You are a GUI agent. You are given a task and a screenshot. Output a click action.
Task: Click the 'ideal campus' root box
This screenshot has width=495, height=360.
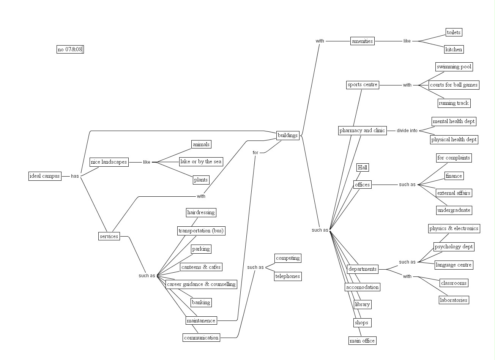(45, 176)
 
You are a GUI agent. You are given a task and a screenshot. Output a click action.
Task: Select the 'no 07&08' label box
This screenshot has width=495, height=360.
(70, 49)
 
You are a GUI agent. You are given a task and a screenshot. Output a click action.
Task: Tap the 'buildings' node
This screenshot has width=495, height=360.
(287, 135)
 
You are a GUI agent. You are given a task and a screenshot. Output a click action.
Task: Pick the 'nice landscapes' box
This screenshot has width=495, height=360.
(109, 162)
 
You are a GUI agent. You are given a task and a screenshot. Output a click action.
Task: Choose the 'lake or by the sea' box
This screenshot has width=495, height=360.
(201, 161)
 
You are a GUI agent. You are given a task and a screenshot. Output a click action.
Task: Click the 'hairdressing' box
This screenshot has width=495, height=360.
(201, 212)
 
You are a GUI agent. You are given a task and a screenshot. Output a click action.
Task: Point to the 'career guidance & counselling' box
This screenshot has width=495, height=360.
(201, 284)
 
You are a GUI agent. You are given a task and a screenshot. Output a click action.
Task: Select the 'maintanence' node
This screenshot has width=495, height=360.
(201, 321)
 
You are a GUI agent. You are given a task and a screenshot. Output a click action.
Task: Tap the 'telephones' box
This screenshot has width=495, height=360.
(288, 276)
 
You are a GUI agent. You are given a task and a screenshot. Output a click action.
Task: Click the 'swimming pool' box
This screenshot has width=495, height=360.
(454, 67)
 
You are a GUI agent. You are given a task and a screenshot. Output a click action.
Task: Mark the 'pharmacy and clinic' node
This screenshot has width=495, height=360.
(362, 130)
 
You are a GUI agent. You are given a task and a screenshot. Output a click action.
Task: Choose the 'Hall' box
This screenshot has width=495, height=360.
(363, 167)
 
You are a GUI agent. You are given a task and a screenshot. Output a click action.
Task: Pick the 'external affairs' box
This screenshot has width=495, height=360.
(454, 193)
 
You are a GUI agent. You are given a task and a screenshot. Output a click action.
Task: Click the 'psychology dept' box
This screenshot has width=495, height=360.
(454, 246)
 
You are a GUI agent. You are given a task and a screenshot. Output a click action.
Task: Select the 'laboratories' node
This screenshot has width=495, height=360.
(454, 300)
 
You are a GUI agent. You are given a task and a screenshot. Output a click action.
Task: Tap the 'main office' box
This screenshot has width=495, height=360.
(362, 341)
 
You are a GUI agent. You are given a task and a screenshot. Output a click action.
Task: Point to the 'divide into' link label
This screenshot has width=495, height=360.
(407, 131)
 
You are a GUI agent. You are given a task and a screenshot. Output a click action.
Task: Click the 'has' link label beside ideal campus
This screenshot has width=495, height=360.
(75, 176)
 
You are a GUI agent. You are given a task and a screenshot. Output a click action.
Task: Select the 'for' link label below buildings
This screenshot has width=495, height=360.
(255, 153)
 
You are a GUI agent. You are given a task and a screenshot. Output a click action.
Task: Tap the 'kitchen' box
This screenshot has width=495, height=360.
(454, 49)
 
